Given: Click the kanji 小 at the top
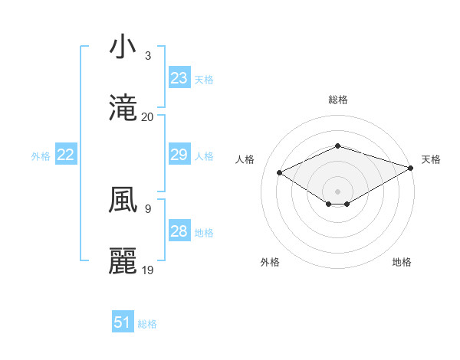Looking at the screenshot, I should pos(123,48).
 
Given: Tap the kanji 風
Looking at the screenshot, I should pos(123,201).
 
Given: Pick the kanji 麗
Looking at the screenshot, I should pos(123,261).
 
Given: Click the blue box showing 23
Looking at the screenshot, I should pos(179,78).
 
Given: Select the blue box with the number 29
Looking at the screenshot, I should pos(179,155).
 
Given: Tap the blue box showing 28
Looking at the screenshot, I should pos(179,231).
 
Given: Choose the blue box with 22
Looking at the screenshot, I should pos(66,155).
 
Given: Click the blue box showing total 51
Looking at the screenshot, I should pos(123,322).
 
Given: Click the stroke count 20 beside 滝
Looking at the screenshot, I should pos(148,117).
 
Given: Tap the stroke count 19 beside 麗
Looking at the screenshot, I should pos(148,270).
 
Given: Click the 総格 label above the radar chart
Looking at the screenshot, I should pos(338,100).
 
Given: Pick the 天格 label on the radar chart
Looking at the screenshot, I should pos(431,159).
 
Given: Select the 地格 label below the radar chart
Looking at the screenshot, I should pos(402,262).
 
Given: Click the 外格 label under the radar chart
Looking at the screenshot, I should pos(270,262).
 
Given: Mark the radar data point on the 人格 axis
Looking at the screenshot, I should pos(280,172).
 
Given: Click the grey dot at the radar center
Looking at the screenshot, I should pos(338,191).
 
